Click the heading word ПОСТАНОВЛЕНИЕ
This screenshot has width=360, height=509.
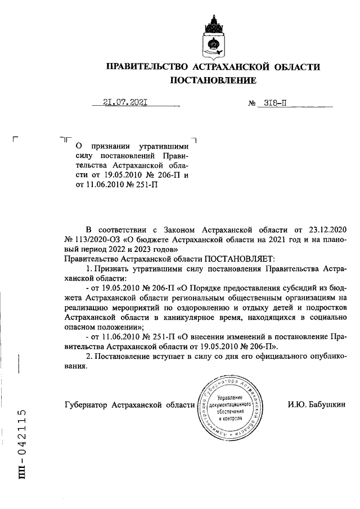click(213, 80)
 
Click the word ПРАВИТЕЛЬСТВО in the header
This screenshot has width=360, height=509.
click(147, 66)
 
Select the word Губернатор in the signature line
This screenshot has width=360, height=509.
click(87, 404)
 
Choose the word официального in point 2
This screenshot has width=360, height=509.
click(269, 357)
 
